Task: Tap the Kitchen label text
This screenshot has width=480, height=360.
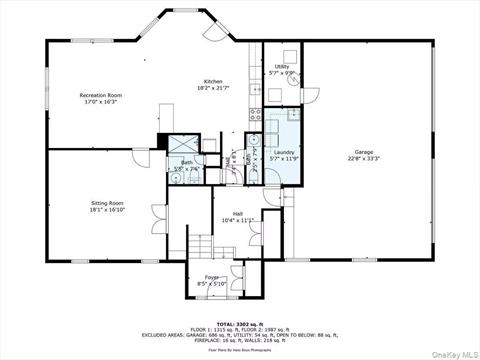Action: coord(213,81)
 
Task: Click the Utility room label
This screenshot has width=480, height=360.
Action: coord(282,67)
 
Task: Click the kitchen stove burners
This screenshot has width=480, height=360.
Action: coord(256,112)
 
